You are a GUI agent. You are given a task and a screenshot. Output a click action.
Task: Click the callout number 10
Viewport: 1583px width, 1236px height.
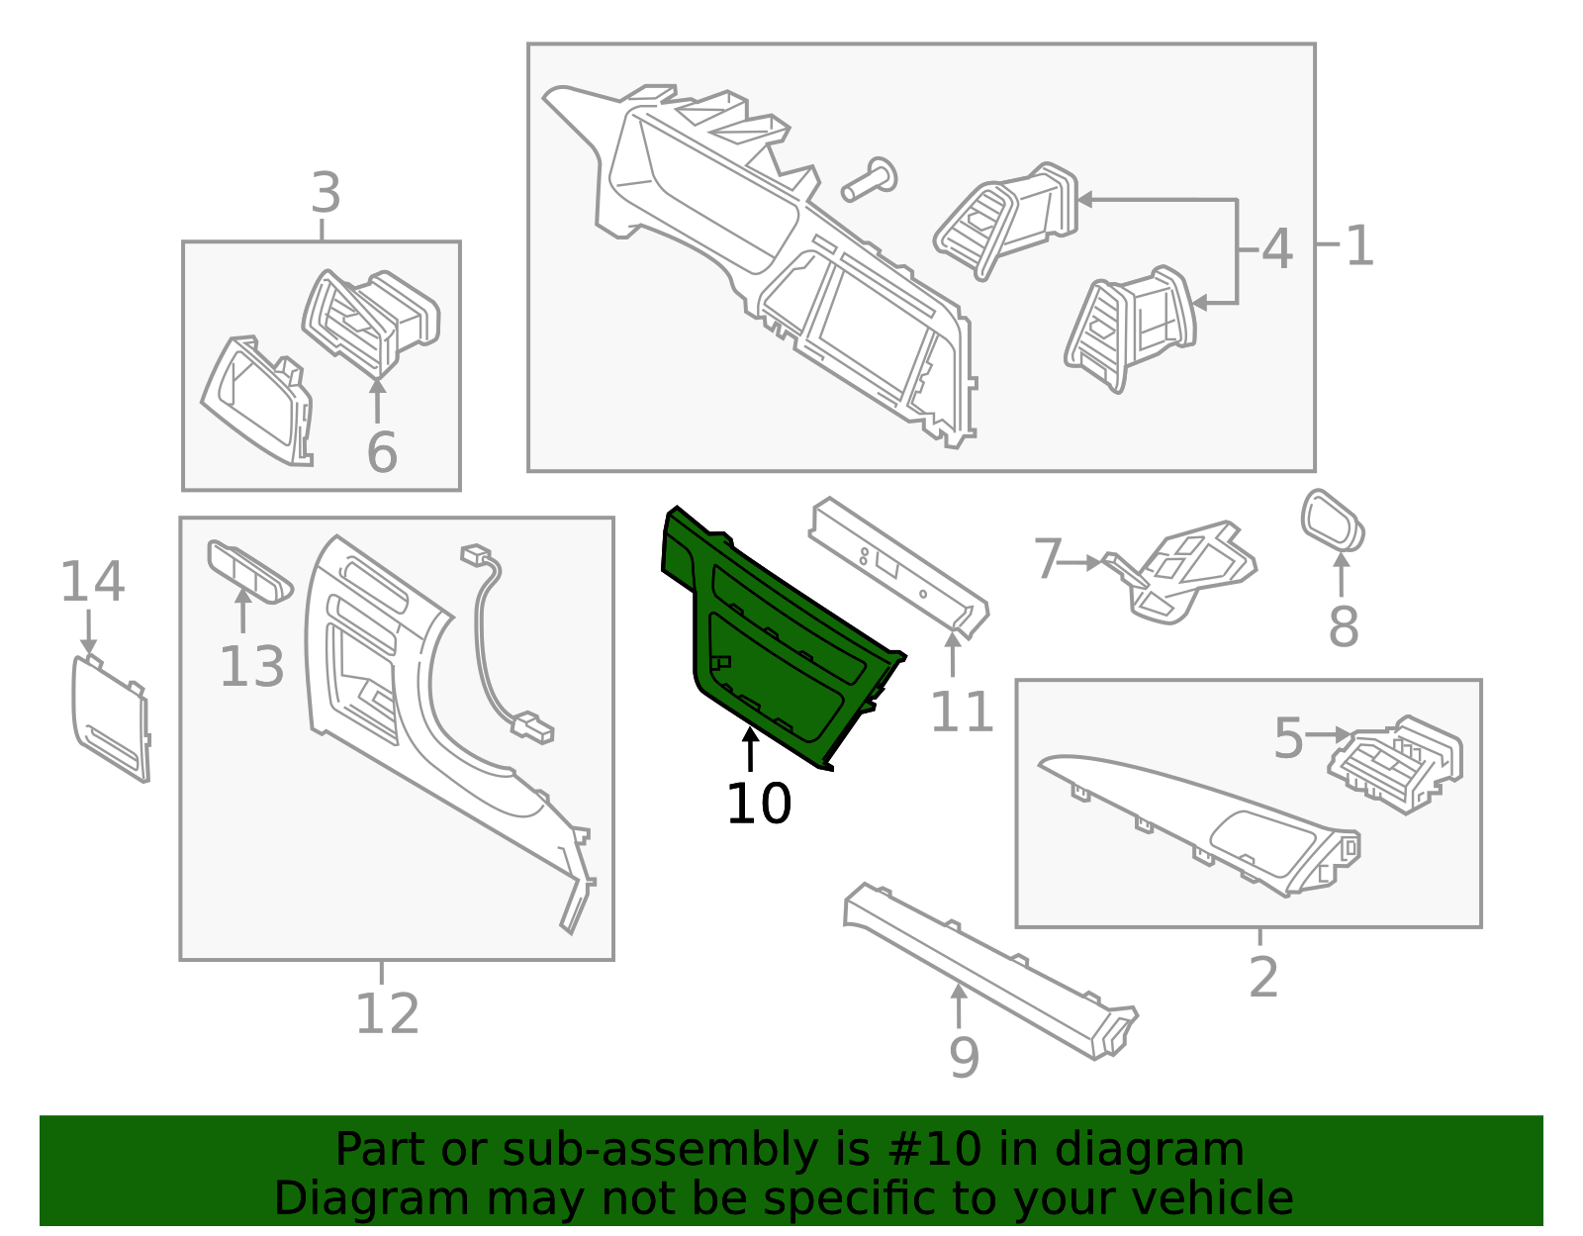click(758, 804)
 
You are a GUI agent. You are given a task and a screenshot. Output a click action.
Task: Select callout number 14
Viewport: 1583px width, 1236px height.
click(93, 581)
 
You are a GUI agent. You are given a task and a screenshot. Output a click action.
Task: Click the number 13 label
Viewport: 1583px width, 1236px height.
click(252, 666)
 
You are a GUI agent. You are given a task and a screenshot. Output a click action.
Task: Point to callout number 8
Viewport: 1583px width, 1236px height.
click(1344, 625)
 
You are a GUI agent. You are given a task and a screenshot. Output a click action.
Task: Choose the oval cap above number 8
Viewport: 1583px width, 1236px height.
click(1333, 521)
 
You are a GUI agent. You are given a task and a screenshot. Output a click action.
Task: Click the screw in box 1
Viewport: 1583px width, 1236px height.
click(869, 179)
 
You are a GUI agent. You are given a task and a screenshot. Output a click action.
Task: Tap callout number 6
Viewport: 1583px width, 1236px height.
click(383, 451)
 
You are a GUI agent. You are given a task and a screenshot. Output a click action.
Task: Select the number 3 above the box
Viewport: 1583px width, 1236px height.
click(326, 193)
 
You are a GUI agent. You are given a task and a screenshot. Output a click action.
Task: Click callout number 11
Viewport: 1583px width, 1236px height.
click(963, 711)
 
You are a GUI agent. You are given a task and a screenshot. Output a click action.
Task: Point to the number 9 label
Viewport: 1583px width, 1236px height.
click(964, 1057)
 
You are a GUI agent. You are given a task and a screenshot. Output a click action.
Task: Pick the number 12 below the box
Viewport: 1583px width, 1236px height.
click(388, 1013)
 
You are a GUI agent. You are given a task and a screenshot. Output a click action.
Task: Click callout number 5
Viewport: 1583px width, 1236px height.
click(1288, 738)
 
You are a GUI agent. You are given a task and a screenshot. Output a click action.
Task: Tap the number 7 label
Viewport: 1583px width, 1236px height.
click(1049, 559)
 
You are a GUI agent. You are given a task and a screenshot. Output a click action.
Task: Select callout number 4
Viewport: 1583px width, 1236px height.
click(1277, 248)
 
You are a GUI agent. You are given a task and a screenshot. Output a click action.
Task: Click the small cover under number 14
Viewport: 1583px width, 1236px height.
click(111, 718)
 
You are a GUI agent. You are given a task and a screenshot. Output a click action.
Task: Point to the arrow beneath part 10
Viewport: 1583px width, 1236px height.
click(750, 749)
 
